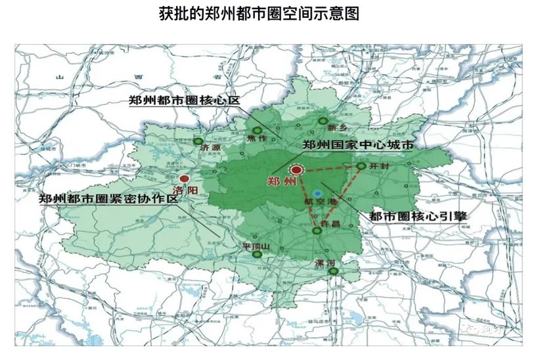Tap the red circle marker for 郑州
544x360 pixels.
click(296, 170)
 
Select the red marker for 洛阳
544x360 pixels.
click(185, 178)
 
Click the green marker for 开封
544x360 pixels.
click(361, 166)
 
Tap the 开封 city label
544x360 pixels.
click(380, 167)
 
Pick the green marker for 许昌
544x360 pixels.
click(317, 231)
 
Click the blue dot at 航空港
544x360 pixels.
click(318, 194)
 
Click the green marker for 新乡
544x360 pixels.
click(323, 120)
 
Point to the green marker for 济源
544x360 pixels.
click(198, 141)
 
